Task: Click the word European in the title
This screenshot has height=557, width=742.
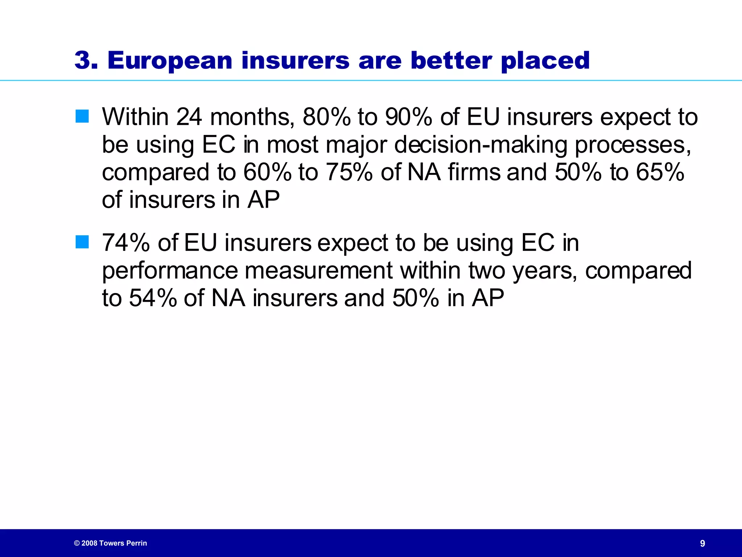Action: [170, 61]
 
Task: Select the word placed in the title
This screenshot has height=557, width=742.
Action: [545, 61]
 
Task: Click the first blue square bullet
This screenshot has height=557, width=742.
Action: [82, 116]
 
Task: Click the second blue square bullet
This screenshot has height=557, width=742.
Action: [82, 242]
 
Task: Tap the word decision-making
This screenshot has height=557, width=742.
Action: [480, 145]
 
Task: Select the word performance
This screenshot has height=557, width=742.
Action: [170, 271]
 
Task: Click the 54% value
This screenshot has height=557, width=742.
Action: [153, 298]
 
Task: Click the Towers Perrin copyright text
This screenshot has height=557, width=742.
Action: [111, 543]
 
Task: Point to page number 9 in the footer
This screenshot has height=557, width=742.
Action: [703, 543]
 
